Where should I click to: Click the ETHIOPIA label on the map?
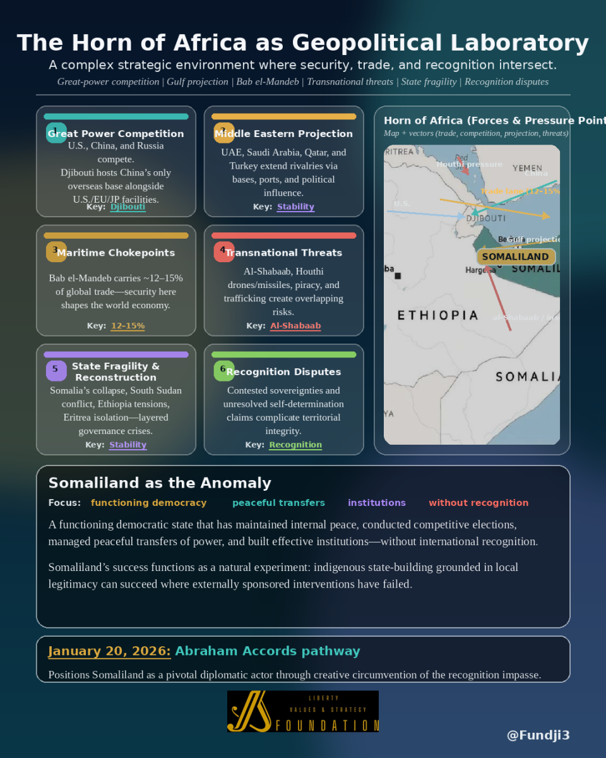coord(438,315)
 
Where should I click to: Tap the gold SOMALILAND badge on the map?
coord(515,256)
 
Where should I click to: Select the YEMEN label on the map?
coord(526,168)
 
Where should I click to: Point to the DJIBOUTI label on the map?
coord(485,218)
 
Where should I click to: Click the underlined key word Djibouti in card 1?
coord(128,207)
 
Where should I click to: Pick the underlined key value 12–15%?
coord(128,326)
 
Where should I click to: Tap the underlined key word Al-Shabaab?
coord(295,326)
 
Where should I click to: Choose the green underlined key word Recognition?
coord(295,445)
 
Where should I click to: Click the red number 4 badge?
coord(223,251)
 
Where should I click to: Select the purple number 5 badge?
coord(56,370)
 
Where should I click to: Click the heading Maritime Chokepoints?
coord(116,253)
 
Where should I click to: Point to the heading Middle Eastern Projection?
coord(283,134)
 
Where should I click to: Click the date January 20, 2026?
coord(109,651)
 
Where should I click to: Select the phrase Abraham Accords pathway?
coord(268,651)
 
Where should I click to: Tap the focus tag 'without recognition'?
coord(478,503)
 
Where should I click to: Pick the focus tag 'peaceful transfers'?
coord(278,503)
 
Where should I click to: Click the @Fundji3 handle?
coord(538,735)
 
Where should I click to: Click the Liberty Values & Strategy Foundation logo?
coord(303,711)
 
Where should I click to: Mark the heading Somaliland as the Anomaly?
coord(160,483)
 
